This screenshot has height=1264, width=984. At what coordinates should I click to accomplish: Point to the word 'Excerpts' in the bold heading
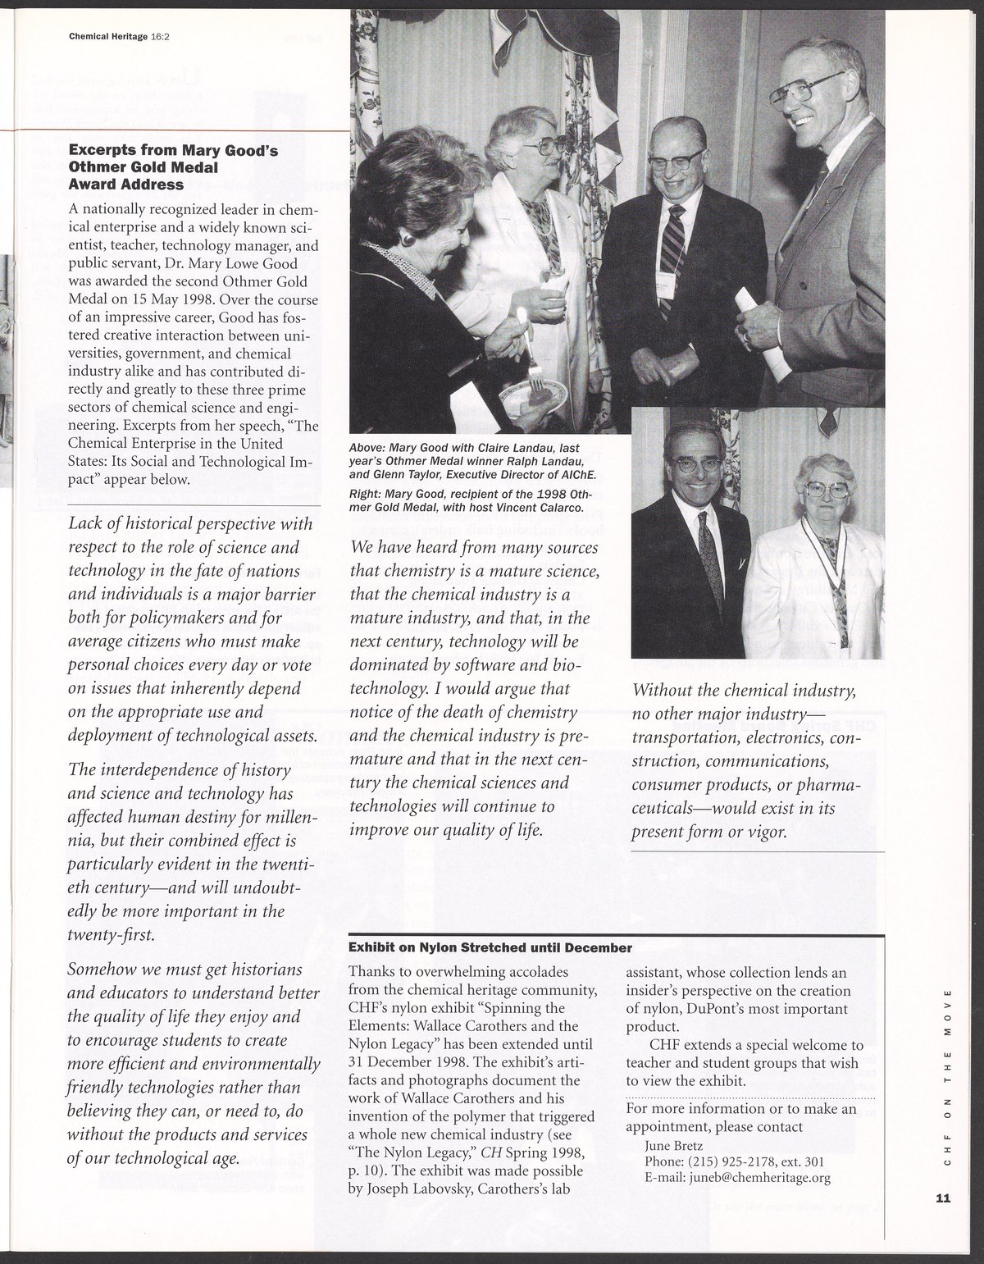101,150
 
